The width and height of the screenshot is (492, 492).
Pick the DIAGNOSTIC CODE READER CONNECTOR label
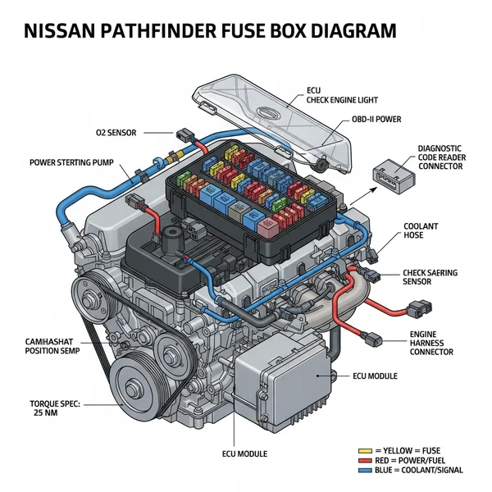pyautogui.click(x=440, y=157)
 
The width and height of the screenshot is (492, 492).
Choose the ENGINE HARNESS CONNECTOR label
pyautogui.click(x=431, y=344)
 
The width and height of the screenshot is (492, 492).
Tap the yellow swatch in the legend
pyautogui.click(x=365, y=450)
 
